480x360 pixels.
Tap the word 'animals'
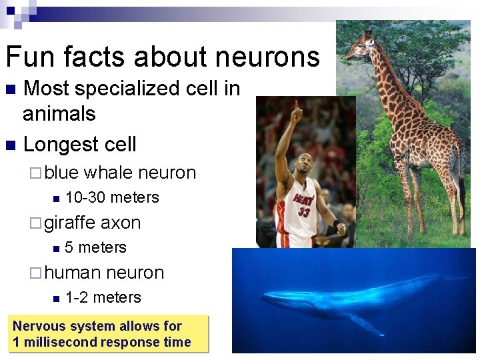59,114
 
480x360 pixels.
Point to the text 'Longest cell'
79,144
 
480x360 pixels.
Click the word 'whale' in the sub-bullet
109,173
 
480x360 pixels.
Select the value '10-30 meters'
112,197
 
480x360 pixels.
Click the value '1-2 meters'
103,297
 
